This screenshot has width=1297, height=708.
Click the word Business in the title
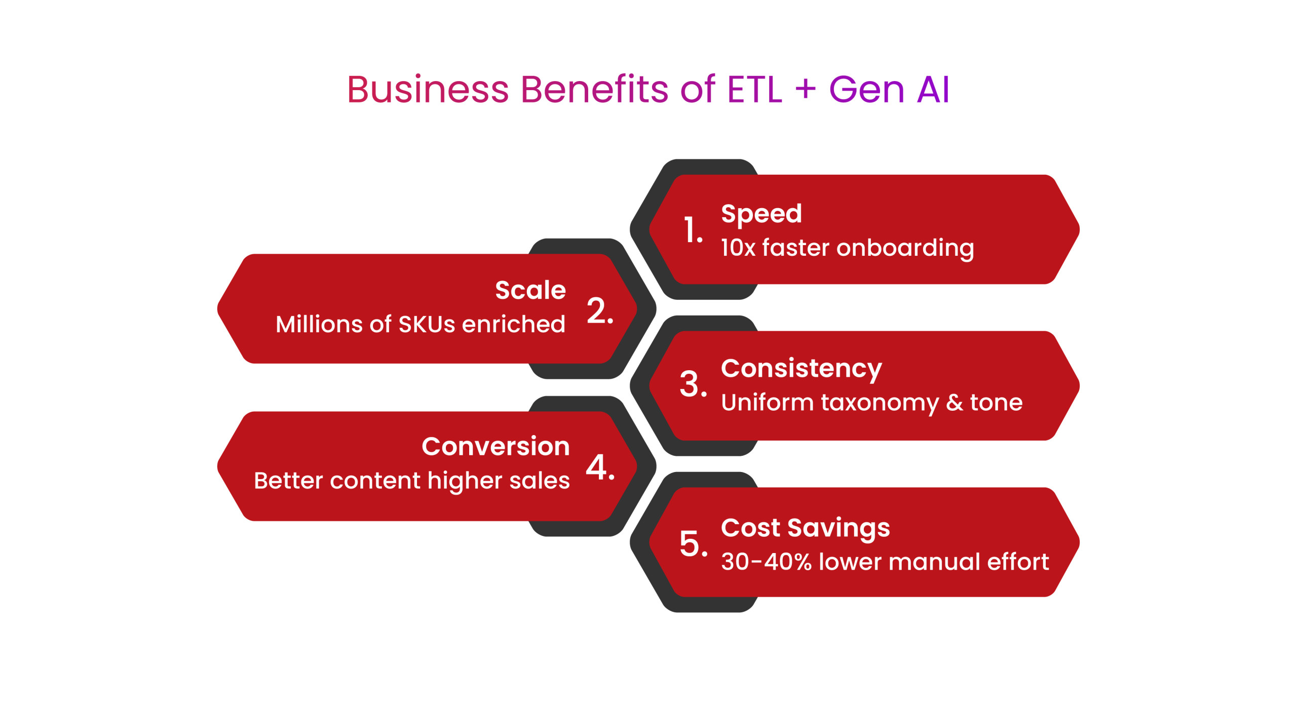tap(428, 90)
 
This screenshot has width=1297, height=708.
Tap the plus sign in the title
tap(805, 90)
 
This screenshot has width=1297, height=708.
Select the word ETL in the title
tap(754, 90)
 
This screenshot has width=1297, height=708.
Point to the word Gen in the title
tap(866, 90)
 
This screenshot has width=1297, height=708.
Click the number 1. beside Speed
tap(693, 230)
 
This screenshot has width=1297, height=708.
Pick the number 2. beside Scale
tap(600, 310)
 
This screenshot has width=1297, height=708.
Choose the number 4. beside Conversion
tap(600, 467)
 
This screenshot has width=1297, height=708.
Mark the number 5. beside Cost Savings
tap(694, 544)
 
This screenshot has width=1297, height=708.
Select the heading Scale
tap(530, 290)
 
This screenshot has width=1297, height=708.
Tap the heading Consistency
tap(802, 369)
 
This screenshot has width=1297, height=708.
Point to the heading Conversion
tap(496, 447)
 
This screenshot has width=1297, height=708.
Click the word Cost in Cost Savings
tap(751, 528)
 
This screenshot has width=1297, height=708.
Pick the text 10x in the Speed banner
tap(738, 248)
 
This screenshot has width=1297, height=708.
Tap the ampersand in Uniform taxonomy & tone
tap(955, 403)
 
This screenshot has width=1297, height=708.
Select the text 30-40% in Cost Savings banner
tap(767, 562)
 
